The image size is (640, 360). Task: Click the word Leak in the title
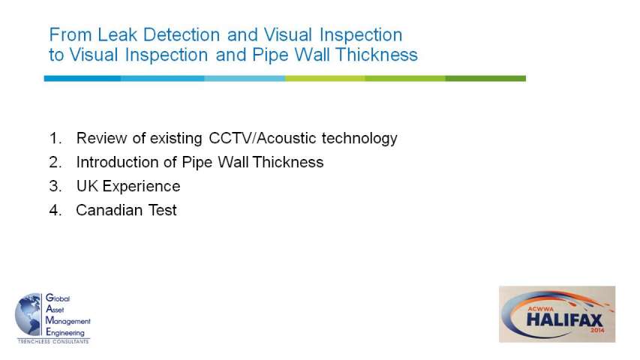click(x=117, y=34)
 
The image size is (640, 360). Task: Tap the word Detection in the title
click(x=182, y=34)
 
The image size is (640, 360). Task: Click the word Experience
click(x=141, y=187)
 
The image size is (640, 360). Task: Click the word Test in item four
click(x=163, y=210)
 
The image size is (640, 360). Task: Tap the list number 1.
click(x=55, y=138)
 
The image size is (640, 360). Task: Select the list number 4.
click(x=55, y=210)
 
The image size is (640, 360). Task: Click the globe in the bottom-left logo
click(x=29, y=315)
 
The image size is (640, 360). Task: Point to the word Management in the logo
click(x=68, y=321)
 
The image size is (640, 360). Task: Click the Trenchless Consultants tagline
click(x=53, y=341)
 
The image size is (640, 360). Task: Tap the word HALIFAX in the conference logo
click(x=564, y=319)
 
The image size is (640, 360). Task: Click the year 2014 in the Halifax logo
click(x=596, y=330)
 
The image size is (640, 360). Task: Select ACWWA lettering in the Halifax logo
click(x=541, y=309)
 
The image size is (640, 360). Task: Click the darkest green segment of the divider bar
click(x=485, y=78)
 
